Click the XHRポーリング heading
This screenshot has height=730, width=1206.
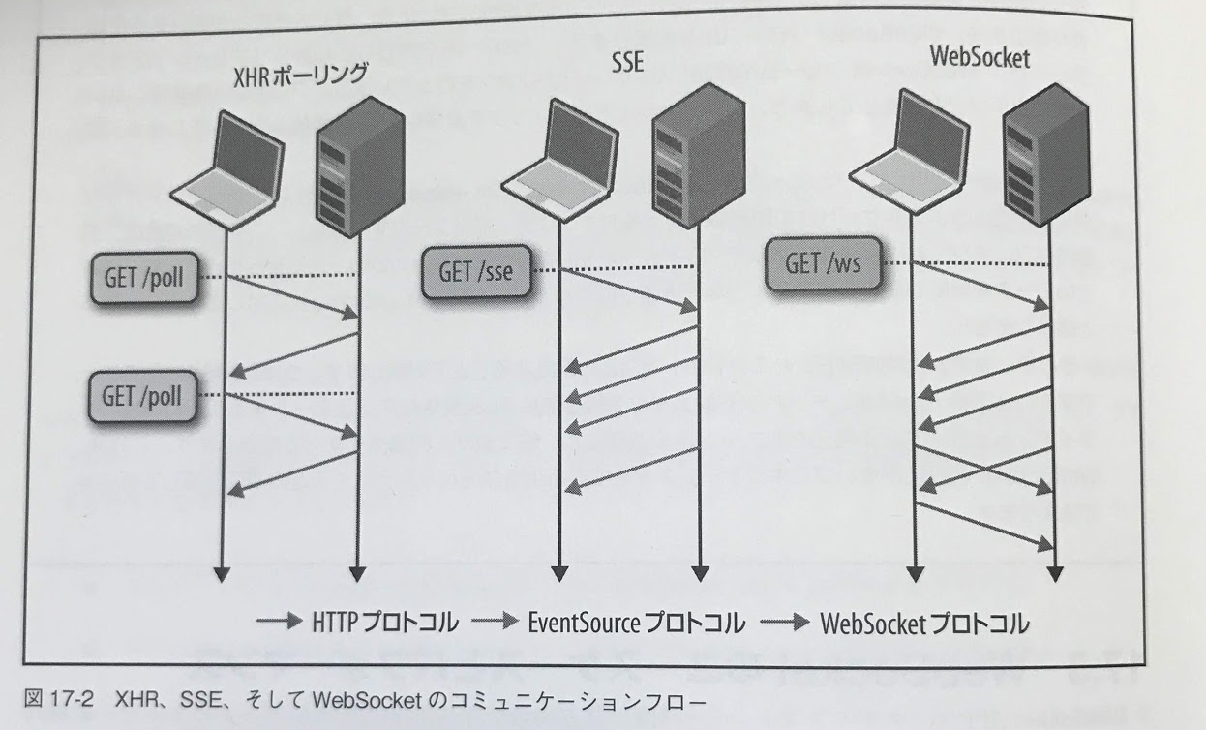[300, 76]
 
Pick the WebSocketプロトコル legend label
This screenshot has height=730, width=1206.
[924, 621]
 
